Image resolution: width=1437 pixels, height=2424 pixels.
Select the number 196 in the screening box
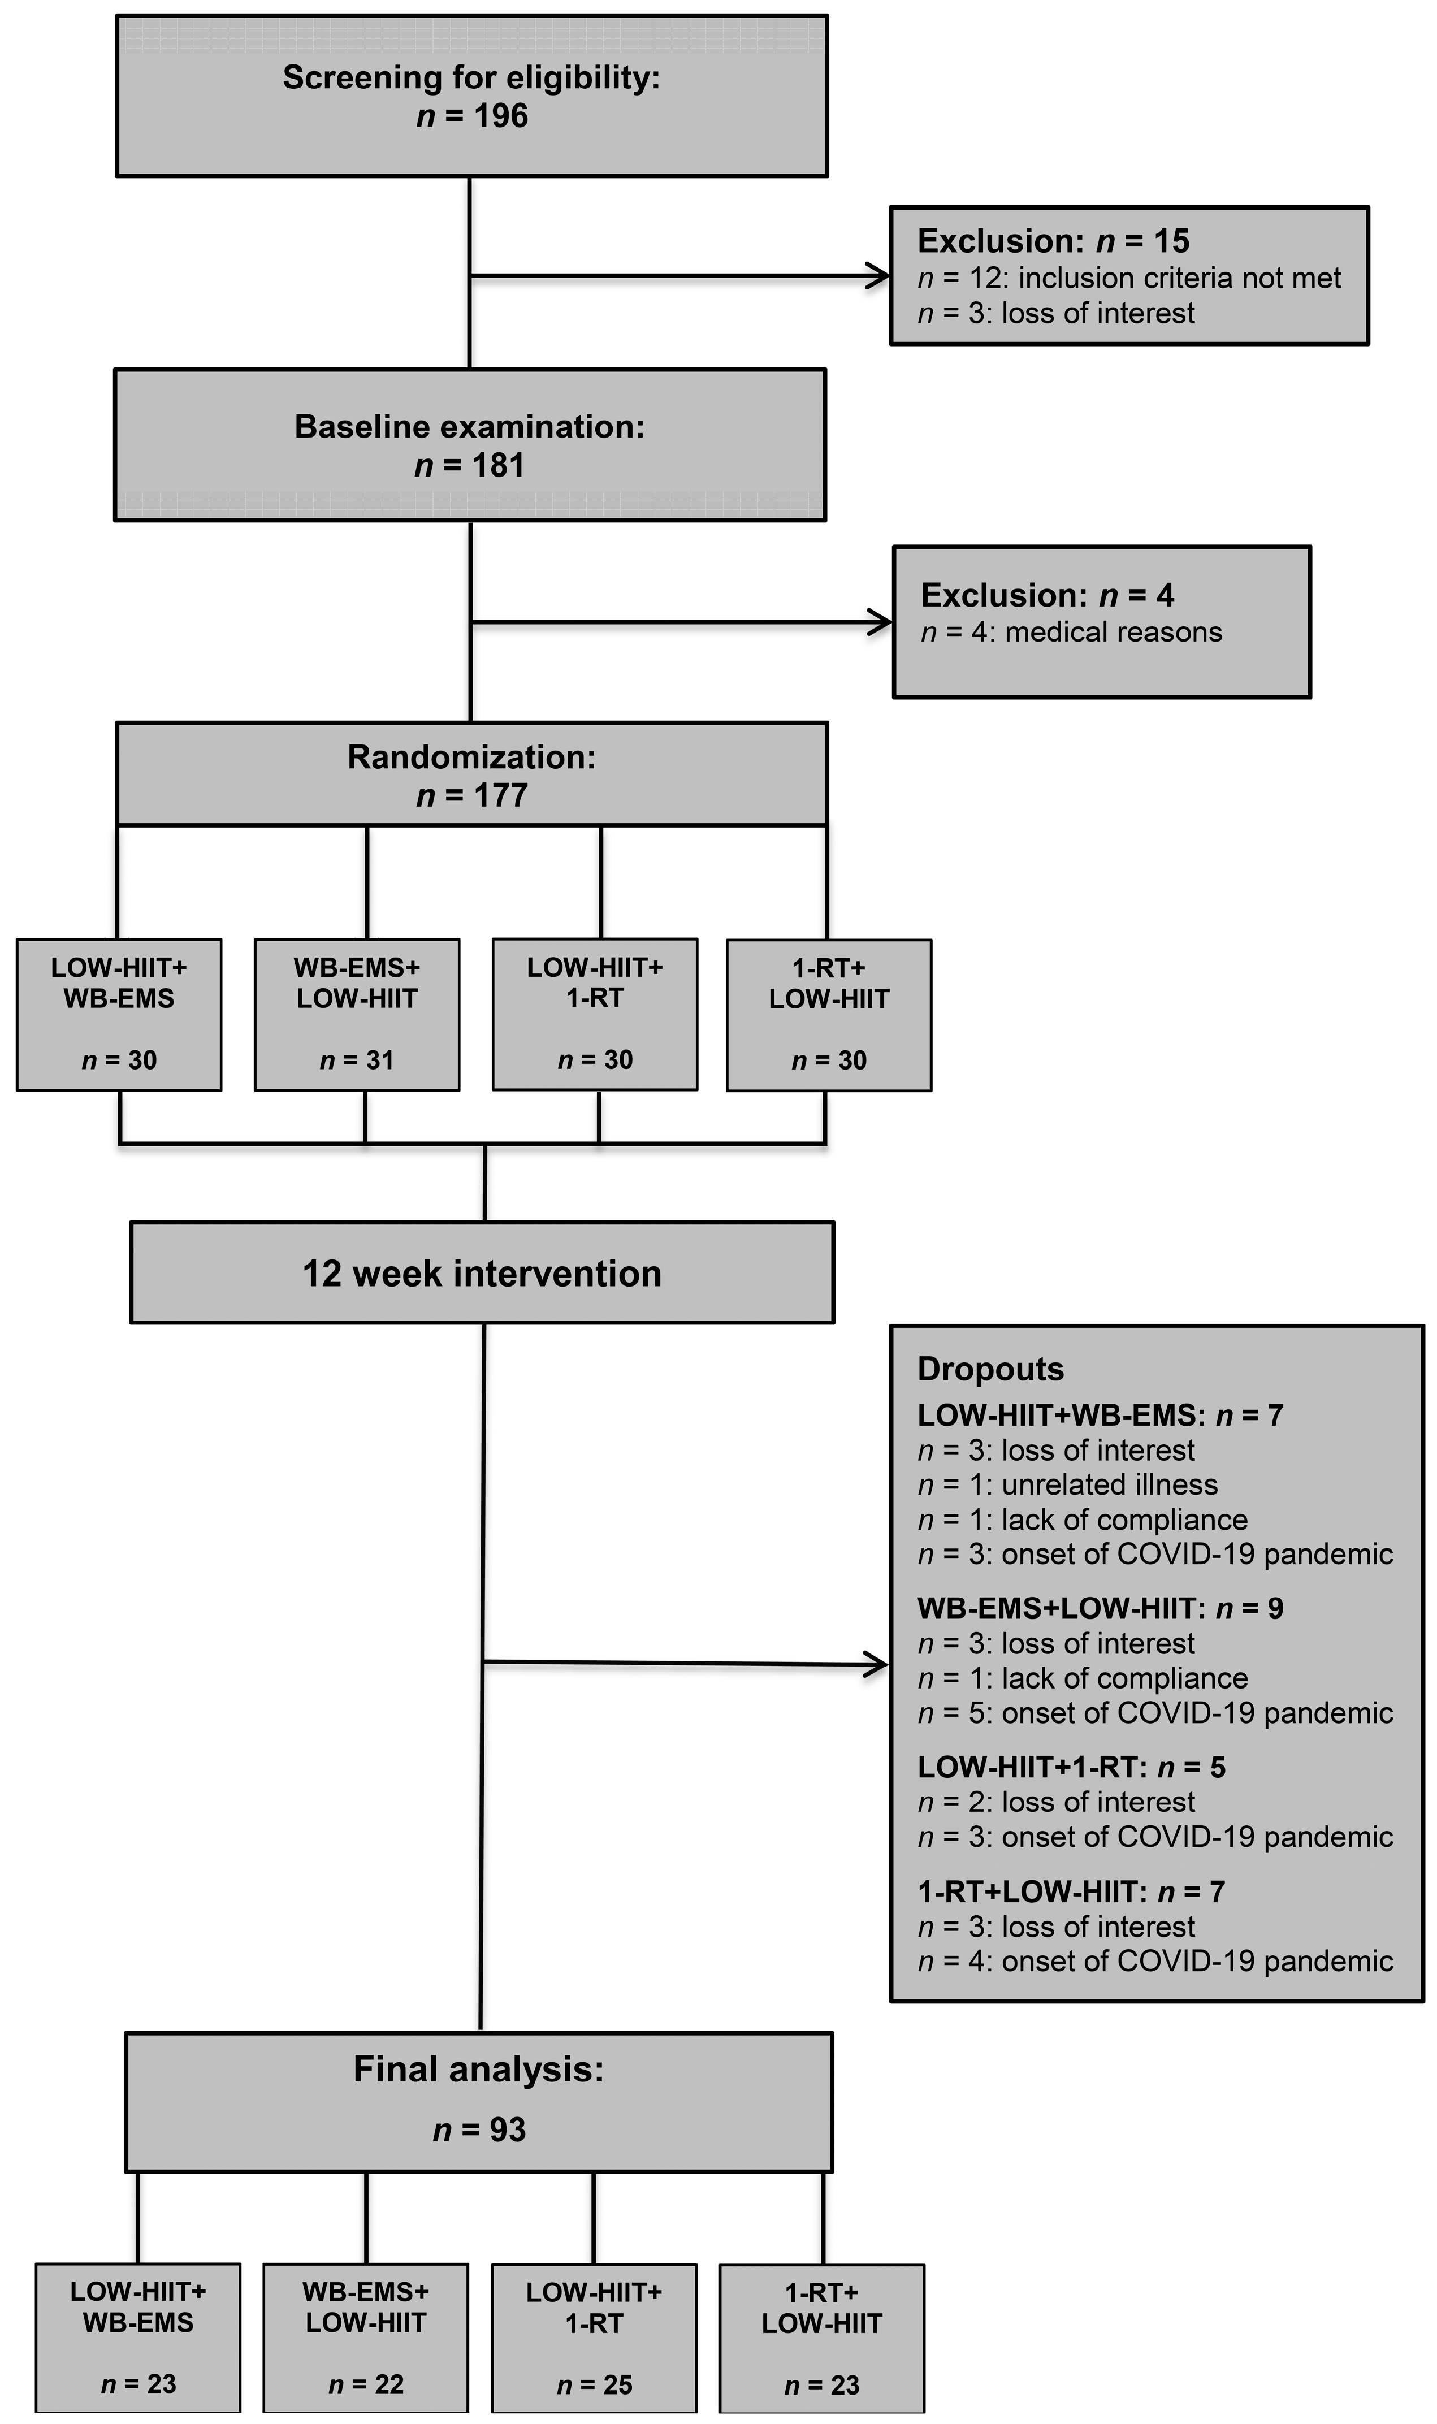pos(501,116)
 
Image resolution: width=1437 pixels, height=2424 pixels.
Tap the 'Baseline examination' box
pos(470,445)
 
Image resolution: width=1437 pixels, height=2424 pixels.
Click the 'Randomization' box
pos(471,774)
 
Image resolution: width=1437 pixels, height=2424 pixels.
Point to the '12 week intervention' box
pos(482,1273)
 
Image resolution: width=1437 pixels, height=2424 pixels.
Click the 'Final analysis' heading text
pos(478,2070)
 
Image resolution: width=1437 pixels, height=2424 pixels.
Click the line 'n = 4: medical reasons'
pos(1071,632)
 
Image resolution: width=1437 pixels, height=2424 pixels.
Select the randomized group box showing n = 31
pos(356,1015)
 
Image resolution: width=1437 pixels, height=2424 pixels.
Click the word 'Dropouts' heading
pos(990,1369)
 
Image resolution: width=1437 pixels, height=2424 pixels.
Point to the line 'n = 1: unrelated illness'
pos(1067,1485)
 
